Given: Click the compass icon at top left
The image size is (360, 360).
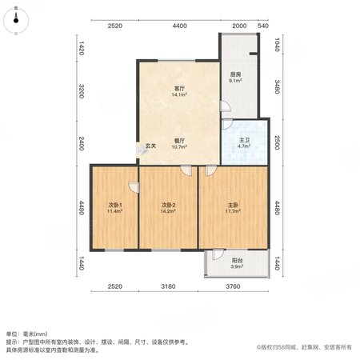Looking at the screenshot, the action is [16, 21].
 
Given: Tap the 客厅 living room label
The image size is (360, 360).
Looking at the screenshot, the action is [179, 88].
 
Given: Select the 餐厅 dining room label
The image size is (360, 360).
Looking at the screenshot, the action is [179, 141].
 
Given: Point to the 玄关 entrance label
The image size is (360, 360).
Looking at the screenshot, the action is [150, 146].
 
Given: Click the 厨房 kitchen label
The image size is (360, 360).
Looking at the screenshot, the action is [235, 74].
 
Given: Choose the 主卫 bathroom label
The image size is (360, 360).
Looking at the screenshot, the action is [244, 140].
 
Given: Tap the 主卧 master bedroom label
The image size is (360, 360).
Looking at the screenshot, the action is [233, 205].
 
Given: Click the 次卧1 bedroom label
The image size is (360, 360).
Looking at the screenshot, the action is [115, 205].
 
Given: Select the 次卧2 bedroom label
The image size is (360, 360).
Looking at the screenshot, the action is [168, 205].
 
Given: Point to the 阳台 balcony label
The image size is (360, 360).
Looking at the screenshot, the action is [237, 261].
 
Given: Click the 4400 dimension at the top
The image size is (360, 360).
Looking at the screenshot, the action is [179, 26].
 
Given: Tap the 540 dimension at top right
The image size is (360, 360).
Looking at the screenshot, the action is [263, 26].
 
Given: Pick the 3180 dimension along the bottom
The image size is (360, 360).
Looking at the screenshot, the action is [168, 286].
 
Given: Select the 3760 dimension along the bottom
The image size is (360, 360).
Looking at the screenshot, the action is [233, 286].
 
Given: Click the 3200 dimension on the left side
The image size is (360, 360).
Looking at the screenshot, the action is [82, 91].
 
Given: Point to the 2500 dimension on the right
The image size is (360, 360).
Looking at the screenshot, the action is [278, 142].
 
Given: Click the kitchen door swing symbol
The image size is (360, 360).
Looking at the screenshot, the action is [226, 106].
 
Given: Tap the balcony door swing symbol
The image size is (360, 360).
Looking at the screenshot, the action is [218, 254].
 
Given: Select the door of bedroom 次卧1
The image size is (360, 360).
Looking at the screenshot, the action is [134, 187].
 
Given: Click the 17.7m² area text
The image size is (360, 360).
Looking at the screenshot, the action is [233, 211].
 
